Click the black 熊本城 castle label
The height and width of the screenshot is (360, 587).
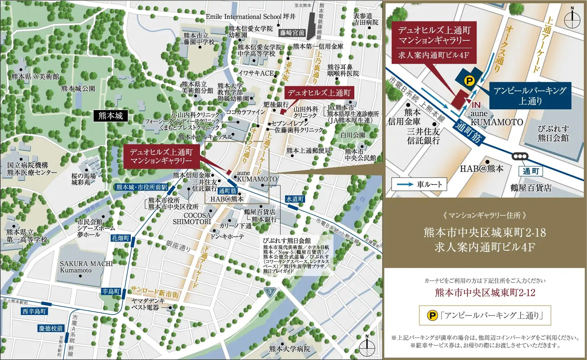point(110,116)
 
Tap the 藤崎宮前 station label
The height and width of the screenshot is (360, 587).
point(292,33)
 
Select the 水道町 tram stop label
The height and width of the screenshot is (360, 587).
point(295,199)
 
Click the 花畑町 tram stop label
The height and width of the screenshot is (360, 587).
point(121,238)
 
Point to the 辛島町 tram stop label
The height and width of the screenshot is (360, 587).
point(111,291)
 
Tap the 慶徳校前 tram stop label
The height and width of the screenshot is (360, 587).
point(51,328)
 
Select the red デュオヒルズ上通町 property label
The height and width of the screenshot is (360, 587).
point(319,93)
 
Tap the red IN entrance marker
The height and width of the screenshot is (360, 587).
point(476,105)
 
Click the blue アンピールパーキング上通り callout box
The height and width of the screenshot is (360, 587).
point(530,96)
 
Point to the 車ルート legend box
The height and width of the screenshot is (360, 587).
point(422,184)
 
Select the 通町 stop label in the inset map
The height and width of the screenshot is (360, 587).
point(530,171)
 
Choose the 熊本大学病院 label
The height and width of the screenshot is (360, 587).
point(290,349)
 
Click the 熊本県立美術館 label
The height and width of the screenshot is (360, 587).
point(35,76)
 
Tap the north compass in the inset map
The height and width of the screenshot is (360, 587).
point(572,18)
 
